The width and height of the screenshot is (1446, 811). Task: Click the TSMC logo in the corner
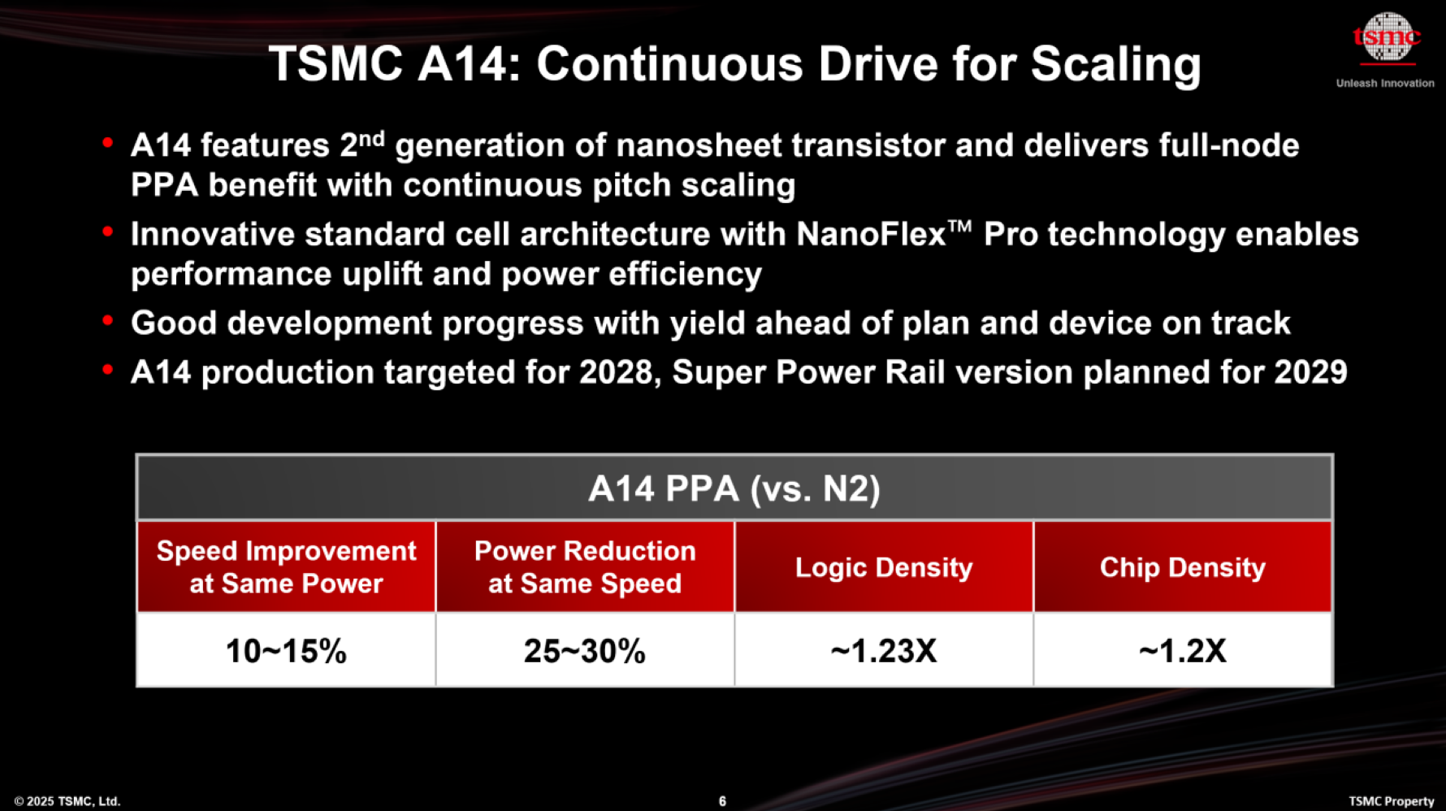[1387, 38]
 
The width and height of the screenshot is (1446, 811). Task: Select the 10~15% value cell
[286, 650]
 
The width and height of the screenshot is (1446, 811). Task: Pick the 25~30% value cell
[585, 650]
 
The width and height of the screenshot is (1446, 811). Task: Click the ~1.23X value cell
[884, 650]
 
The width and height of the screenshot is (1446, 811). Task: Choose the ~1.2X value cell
[1183, 650]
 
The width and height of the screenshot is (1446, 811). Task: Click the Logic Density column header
[884, 566]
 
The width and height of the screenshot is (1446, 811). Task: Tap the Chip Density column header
[1183, 566]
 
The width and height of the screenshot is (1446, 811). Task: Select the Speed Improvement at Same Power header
[286, 566]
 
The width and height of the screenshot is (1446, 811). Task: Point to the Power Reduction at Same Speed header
[585, 566]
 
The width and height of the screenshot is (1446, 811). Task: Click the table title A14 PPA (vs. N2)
[734, 488]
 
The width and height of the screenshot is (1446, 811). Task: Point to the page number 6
[722, 801]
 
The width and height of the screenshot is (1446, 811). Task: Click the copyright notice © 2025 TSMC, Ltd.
[67, 801]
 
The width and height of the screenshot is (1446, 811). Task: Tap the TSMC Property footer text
[1392, 801]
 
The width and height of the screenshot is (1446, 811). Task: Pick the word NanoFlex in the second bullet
[872, 234]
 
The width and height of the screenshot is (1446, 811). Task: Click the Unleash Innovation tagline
[1385, 83]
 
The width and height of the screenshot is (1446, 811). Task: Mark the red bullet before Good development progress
[107, 321]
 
